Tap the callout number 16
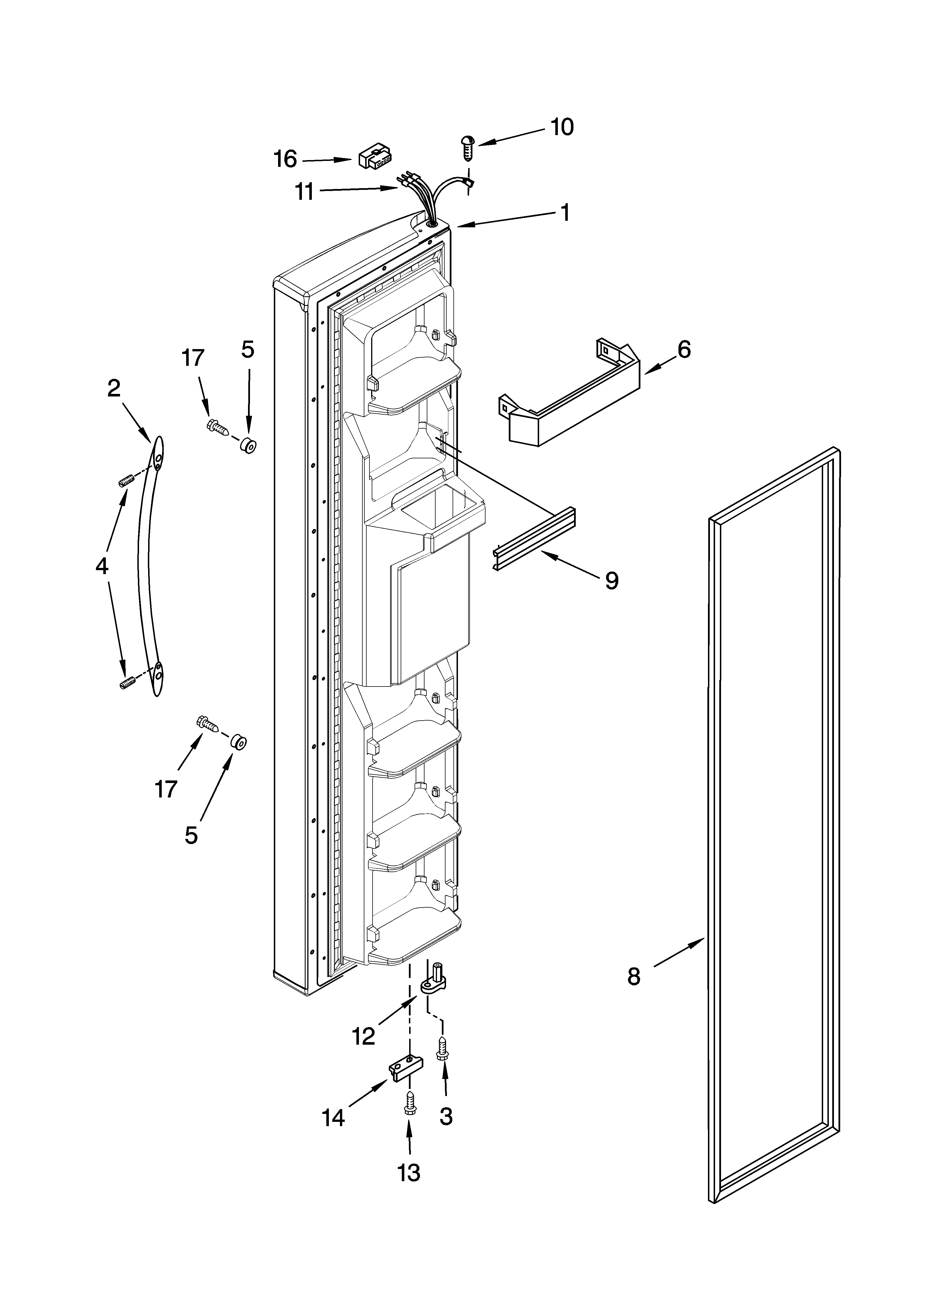(285, 159)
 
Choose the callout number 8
(634, 977)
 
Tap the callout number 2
(114, 388)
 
